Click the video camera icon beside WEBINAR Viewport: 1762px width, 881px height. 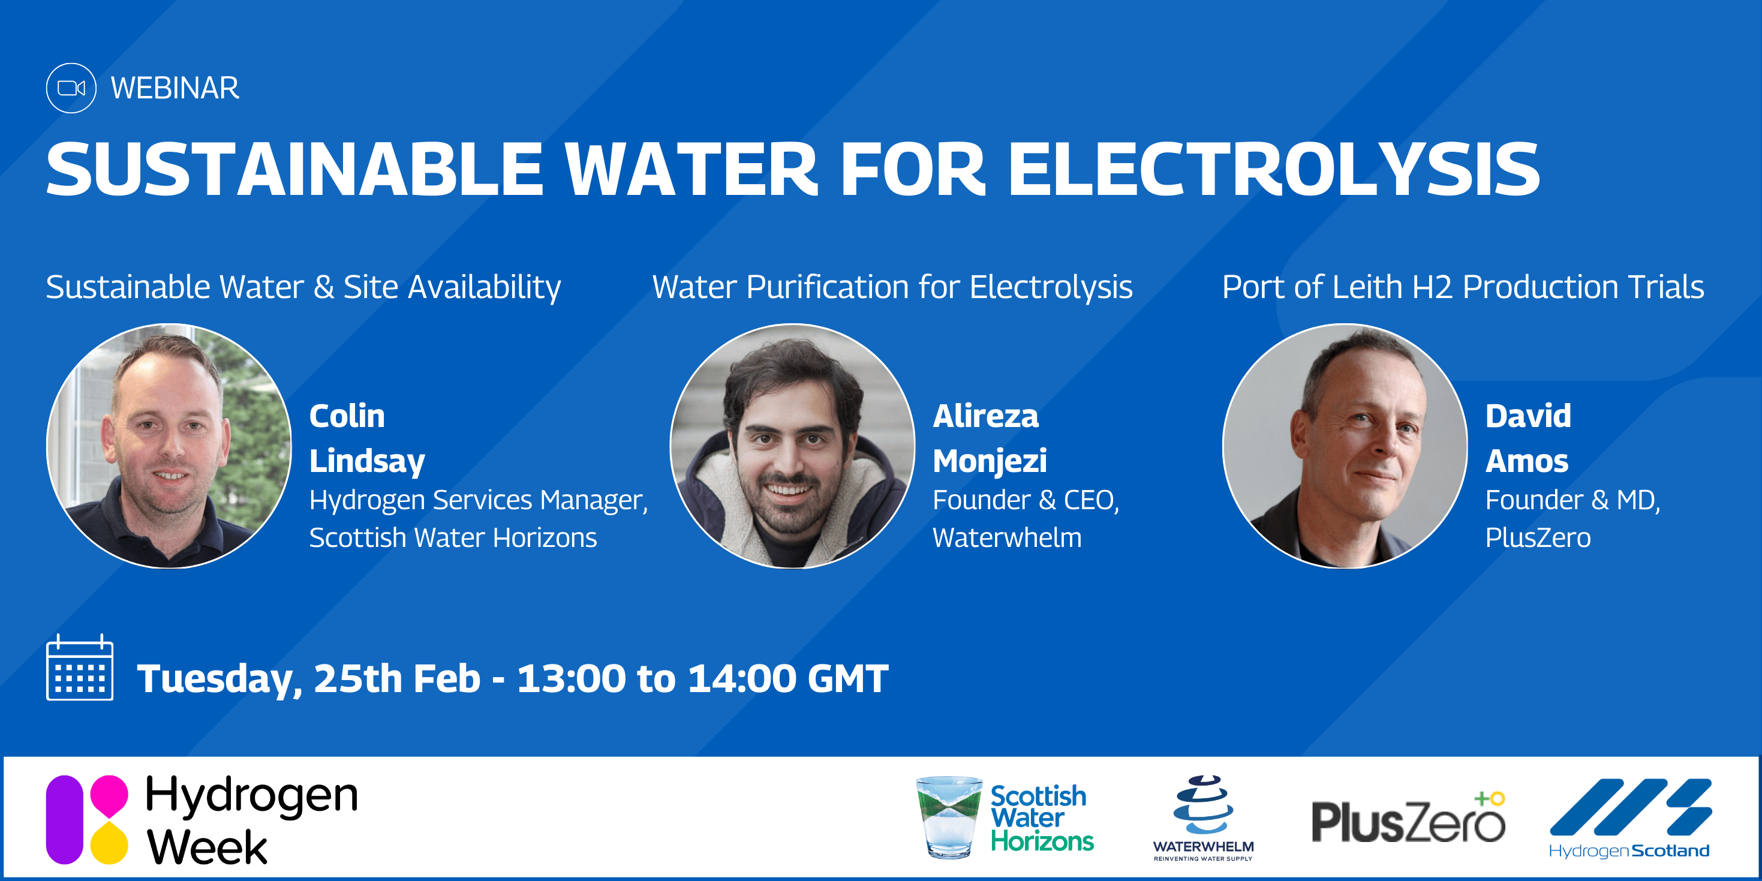tap(71, 88)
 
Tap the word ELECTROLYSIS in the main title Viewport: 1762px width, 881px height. tap(1274, 169)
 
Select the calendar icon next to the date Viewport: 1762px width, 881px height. tap(79, 667)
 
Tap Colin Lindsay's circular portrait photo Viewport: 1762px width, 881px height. tap(169, 446)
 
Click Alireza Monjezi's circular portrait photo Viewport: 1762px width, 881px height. tap(792, 446)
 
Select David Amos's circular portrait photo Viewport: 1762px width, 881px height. tap(1345, 446)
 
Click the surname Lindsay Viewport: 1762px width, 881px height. tap(367, 462)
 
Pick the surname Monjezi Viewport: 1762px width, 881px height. tap(990, 462)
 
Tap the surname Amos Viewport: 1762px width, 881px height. tap(1527, 461)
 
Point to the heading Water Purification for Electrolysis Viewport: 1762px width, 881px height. tap(892, 287)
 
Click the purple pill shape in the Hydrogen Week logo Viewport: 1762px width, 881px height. tap(64, 819)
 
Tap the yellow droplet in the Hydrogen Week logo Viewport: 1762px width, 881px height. tap(109, 843)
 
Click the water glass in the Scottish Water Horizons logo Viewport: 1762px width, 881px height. tap(949, 817)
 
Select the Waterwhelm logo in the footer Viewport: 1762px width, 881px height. tap(1203, 818)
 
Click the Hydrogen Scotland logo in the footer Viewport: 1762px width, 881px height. tap(1630, 818)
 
